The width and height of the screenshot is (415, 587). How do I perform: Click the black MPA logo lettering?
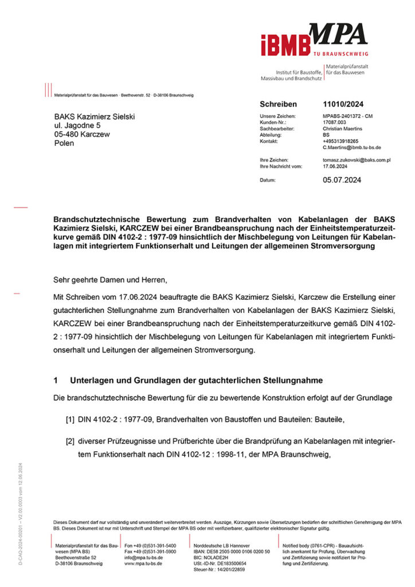point(338,35)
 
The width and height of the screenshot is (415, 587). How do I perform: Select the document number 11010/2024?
point(343,104)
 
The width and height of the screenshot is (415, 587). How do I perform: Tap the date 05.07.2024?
point(342,180)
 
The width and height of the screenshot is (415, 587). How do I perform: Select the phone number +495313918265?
point(340,141)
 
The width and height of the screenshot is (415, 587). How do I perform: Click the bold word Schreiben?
point(278,104)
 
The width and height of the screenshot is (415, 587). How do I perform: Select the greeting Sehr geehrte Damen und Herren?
point(109,280)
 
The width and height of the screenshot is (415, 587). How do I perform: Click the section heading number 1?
point(55,381)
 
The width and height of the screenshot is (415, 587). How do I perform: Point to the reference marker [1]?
point(71,420)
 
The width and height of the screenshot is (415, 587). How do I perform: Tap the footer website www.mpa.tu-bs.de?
point(143,563)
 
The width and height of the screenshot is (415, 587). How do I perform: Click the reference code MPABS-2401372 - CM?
point(348,116)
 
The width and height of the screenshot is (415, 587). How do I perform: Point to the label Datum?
point(268,180)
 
